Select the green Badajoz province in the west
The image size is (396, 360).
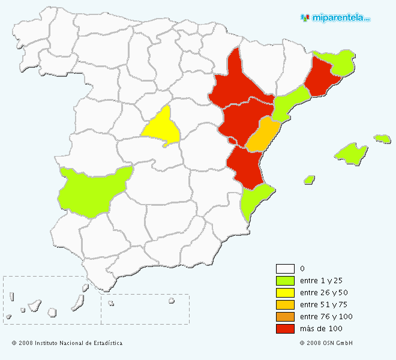pos(93,189)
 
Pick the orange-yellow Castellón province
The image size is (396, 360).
pos(263,136)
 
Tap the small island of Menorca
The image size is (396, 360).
pos(382,139)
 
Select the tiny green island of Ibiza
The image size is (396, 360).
pos(310,179)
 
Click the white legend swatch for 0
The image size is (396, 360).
pos(285,269)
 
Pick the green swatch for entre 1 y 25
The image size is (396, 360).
pos(285,281)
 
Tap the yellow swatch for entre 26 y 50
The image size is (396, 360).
pos(285,293)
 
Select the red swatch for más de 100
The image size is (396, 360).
pos(285,329)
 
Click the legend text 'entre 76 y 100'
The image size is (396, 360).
pos(326,317)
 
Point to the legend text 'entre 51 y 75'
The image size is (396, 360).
pos(323,305)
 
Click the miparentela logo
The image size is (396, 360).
pos(335,18)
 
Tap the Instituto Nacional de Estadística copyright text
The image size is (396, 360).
pos(67,343)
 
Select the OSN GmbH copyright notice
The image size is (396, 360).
pos(326,343)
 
